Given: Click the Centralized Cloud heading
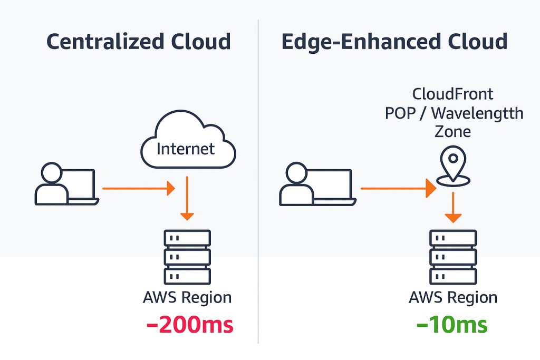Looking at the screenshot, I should [x=139, y=42].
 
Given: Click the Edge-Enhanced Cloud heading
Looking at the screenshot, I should [x=394, y=42].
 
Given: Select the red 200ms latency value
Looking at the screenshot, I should [x=189, y=325].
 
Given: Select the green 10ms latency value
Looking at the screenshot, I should [x=452, y=325].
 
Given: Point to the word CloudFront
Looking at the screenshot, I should [x=453, y=94].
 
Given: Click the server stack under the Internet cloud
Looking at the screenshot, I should [x=187, y=258].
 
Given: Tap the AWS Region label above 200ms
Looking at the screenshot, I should [x=187, y=297].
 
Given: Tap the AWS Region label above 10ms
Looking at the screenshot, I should [x=453, y=297].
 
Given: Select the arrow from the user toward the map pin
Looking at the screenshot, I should [x=398, y=188].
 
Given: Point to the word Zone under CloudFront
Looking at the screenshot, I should [x=453, y=131].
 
